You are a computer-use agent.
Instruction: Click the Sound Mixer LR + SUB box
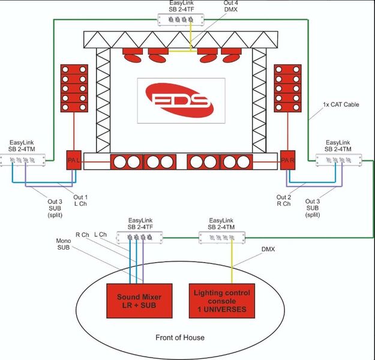pos(139,301)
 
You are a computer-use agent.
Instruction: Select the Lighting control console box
pos(222,301)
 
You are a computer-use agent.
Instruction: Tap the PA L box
pos(74,160)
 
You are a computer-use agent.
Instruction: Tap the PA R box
pos(288,160)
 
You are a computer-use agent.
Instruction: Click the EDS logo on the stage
pos(179,100)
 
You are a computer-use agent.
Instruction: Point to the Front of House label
pos(180,338)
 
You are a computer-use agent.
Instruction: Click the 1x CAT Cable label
pos(341,104)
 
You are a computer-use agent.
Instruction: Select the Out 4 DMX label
pos(230,6)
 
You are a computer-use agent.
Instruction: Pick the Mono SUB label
pos(64,244)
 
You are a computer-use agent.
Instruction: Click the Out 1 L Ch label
pos(80,200)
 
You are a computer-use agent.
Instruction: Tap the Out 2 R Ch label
pos(284,200)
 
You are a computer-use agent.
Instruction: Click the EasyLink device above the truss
pos(181,20)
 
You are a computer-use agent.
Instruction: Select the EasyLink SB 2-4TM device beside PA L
pos(23,160)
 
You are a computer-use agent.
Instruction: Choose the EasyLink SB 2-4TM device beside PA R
pos(338,160)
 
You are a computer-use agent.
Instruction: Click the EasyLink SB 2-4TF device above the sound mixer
pos(140,238)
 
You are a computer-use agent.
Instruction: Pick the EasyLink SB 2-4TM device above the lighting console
pos(222,238)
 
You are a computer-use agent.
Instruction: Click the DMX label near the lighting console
pos(268,249)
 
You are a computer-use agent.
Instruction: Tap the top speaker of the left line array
pos(74,70)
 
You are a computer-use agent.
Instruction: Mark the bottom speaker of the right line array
pos(288,107)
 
